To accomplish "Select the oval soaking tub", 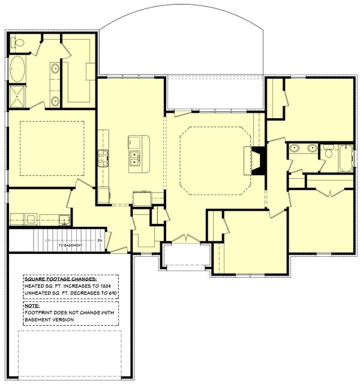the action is click(17, 70).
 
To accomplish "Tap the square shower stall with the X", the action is click(17, 96).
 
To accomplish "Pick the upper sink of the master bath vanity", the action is click(55, 68).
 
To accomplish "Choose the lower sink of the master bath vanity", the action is click(55, 100).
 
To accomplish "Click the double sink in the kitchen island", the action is click(135, 158).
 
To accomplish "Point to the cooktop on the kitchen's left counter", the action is click(103, 158).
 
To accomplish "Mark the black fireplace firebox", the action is click(259, 161).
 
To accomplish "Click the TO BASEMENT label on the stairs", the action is click(71, 245).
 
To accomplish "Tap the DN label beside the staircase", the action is click(100, 241).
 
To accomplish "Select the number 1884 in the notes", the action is click(106, 286).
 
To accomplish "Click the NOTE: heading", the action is click(32, 306).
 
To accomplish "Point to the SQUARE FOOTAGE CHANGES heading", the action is click(61, 279).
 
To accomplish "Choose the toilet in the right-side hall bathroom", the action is click(328, 152).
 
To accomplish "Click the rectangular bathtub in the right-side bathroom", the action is click(346, 158).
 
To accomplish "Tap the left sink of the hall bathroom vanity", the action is click(293, 148).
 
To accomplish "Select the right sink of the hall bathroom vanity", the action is click(312, 148).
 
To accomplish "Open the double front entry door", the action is click(186, 239).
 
